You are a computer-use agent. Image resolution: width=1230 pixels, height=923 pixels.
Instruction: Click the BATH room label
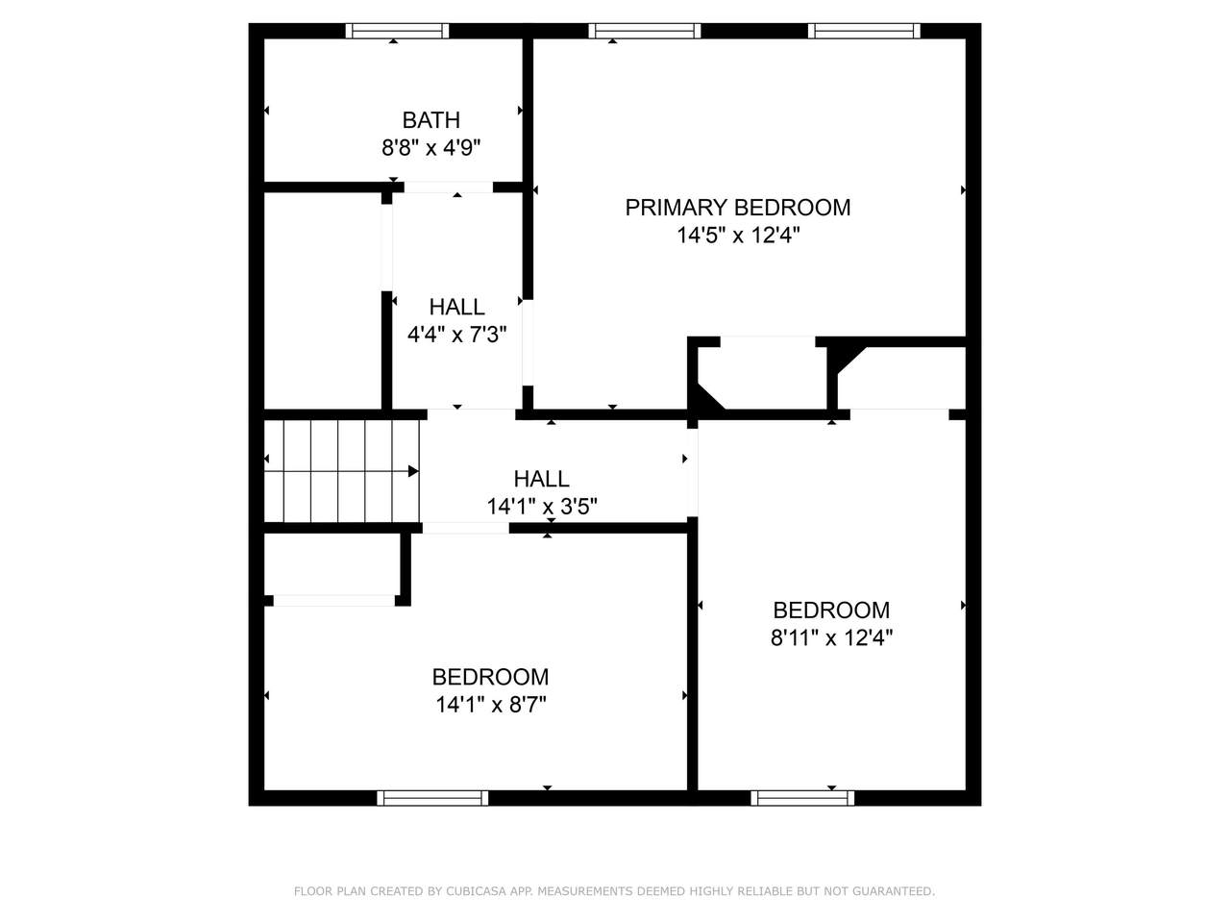430,120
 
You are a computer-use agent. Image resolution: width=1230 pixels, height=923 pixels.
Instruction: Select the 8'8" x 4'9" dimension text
430,148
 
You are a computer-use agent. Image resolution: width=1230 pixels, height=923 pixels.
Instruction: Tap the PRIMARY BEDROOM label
737,208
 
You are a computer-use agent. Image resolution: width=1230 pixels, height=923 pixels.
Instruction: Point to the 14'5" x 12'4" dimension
738,236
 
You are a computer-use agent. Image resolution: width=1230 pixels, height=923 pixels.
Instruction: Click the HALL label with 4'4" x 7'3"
456,307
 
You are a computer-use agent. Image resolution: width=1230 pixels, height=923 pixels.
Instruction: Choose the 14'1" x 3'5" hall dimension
542,507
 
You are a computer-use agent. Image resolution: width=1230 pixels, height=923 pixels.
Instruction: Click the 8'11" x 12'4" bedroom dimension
831,637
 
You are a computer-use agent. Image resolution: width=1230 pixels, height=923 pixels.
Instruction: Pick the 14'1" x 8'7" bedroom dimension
491,705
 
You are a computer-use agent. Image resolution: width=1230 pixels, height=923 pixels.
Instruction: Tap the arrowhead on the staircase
413,471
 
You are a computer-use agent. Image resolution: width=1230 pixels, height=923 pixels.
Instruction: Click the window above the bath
397,31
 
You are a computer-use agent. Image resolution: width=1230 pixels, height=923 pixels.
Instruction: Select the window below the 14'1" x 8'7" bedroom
432,798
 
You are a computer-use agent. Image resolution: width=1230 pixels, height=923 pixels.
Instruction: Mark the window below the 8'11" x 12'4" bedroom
802,798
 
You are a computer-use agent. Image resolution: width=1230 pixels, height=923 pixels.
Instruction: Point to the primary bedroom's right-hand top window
864,31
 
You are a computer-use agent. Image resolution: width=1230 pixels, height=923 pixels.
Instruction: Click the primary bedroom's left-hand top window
645,31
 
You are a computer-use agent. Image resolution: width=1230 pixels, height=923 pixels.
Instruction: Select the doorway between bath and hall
449,187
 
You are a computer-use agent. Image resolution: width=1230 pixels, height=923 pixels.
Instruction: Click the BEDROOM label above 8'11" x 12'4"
831,610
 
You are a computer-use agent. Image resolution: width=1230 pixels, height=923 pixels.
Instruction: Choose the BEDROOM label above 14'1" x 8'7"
490,677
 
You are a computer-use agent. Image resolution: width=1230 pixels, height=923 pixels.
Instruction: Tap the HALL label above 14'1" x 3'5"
541,479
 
